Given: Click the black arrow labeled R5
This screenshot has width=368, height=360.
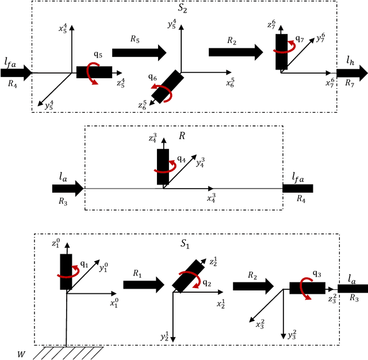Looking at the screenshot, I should [x=139, y=53].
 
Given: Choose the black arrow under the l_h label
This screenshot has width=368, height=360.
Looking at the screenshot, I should [x=352, y=73].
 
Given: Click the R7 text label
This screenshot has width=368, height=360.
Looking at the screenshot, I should [x=350, y=84].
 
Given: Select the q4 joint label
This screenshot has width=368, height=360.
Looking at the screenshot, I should [x=181, y=158].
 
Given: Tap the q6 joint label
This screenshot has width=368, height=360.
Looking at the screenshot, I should [x=152, y=76].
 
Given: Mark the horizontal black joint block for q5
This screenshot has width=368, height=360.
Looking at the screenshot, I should [x=94, y=72].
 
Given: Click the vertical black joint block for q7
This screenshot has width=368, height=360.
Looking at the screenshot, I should [x=281, y=52].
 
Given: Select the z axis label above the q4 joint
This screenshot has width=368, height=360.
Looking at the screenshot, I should [x=152, y=139].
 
